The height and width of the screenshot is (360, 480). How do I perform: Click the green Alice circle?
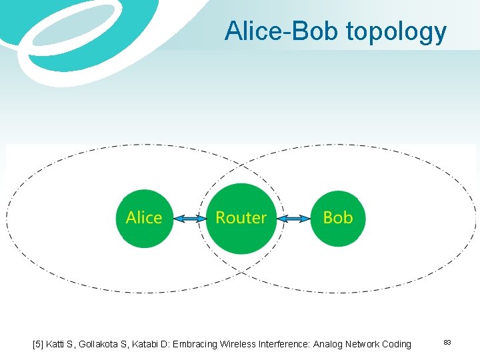click(144, 219)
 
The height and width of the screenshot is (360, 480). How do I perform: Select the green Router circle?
click(241, 219)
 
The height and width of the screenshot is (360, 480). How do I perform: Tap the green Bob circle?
click(337, 219)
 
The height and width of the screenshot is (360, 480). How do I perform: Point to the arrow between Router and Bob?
click(293, 219)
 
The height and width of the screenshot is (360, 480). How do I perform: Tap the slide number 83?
click(447, 343)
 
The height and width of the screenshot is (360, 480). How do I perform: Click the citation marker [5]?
click(39, 344)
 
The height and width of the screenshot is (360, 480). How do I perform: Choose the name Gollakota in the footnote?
click(101, 344)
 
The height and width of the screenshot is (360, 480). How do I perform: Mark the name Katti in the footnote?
click(56, 344)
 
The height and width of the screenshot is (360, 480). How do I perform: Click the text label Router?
click(241, 218)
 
